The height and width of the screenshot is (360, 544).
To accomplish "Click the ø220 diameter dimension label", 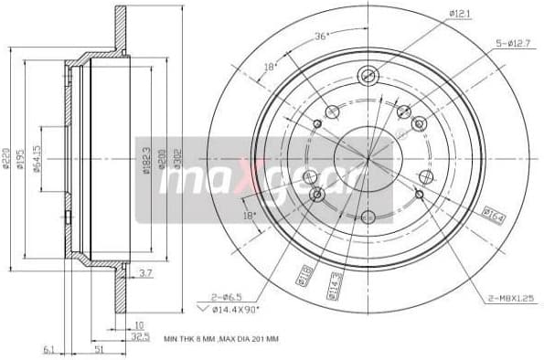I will (7, 159).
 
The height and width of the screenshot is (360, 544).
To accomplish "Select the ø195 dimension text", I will (21, 159).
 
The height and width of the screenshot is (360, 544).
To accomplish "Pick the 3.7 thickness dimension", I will (146, 272).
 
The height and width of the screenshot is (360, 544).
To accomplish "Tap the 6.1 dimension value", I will (48, 348).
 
